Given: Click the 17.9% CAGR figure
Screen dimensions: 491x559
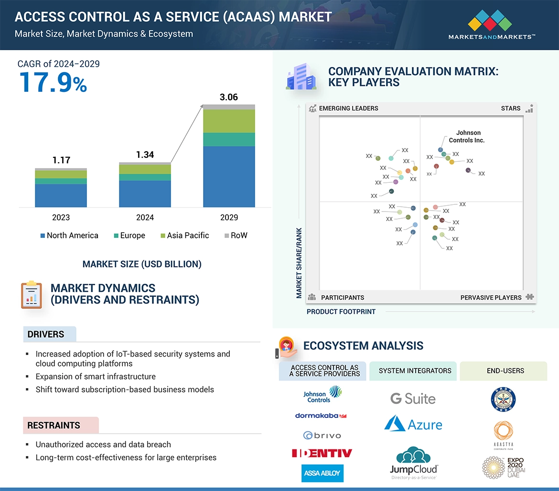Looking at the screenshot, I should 53,82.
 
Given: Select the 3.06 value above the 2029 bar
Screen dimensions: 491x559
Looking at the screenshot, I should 228,97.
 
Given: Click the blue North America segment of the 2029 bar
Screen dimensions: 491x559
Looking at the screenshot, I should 229,176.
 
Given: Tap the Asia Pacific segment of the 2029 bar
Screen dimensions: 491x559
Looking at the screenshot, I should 229,121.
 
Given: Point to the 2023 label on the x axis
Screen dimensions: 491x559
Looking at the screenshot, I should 61,217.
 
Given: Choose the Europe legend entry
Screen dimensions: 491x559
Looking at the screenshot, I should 129,235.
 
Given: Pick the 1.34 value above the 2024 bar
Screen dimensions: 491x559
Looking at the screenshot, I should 145,155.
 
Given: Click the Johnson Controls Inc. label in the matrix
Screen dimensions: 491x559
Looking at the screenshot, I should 467,136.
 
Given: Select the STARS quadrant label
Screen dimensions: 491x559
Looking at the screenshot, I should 510,108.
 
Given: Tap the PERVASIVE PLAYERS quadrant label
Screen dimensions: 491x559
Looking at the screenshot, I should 491,298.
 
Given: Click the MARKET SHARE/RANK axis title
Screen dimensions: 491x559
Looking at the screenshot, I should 299,263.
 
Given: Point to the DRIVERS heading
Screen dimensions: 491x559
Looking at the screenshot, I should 46,335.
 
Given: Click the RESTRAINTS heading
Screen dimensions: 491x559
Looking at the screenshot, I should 54,425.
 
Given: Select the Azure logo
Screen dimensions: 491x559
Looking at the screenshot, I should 413,424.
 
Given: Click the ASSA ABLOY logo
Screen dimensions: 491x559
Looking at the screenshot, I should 322,473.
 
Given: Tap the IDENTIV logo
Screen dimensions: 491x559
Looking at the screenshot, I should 322,453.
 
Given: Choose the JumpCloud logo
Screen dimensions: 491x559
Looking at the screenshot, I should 413,463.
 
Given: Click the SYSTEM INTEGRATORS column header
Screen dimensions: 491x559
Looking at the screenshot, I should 415,371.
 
